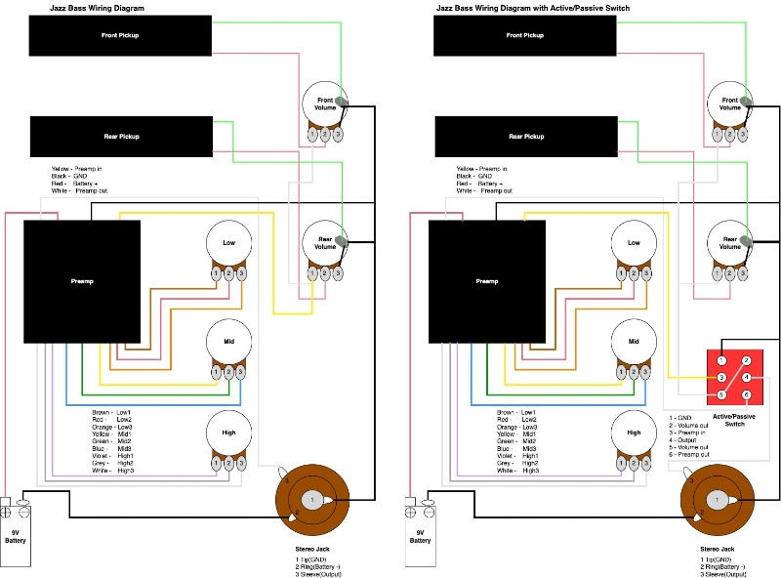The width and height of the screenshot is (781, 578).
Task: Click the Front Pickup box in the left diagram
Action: [x=121, y=35]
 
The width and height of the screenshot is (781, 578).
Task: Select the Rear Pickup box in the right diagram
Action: [x=526, y=137]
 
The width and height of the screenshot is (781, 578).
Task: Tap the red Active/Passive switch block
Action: [x=733, y=376]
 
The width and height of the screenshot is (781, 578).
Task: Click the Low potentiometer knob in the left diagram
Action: [x=228, y=243]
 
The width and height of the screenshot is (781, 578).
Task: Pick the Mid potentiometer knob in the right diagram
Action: [x=635, y=342]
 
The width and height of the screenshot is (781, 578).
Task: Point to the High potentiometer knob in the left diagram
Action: [x=228, y=433]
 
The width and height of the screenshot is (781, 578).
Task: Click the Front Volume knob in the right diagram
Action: [x=729, y=102]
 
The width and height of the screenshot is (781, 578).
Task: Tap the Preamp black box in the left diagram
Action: [x=82, y=281]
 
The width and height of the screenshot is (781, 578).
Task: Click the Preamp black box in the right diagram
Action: [x=487, y=281]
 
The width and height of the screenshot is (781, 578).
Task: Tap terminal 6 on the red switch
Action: [x=747, y=395]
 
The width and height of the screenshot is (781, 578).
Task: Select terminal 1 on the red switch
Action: [x=720, y=359]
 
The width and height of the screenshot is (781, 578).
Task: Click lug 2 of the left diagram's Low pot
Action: [x=227, y=272]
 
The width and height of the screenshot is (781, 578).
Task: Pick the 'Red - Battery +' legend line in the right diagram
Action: [x=477, y=184]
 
